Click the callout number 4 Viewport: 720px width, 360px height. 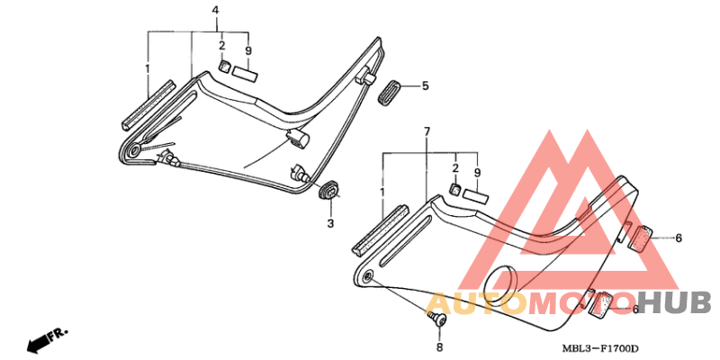point(215,10)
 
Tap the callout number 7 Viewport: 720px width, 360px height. point(427,131)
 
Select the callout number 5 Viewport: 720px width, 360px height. point(425,85)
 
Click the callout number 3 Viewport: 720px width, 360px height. point(330,223)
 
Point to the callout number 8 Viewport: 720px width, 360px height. point(439,347)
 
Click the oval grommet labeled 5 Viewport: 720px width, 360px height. point(390,92)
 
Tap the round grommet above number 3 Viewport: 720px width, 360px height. point(328,190)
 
